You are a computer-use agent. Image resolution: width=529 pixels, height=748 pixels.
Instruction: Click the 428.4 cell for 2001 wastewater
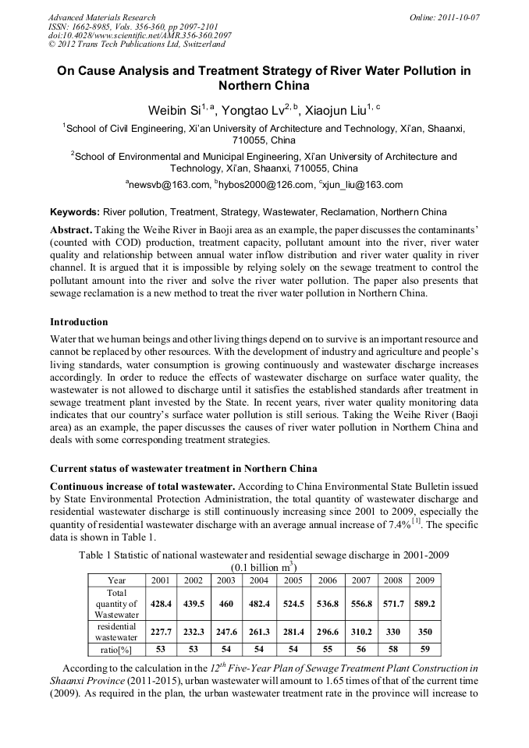coord(161,604)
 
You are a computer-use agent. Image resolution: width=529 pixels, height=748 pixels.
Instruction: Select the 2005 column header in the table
coord(292,580)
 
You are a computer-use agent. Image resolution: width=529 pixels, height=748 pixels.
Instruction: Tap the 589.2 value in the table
coord(424,604)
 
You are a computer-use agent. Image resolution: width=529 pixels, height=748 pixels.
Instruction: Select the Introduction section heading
coord(79,322)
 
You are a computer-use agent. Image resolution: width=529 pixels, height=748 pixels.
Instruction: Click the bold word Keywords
coord(74,212)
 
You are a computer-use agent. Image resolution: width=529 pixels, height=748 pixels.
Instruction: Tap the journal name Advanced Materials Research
coord(101,17)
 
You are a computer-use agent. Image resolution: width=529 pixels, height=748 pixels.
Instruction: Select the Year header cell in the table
coord(116,580)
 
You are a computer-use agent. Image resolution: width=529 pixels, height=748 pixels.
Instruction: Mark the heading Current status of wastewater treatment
coord(183,469)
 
